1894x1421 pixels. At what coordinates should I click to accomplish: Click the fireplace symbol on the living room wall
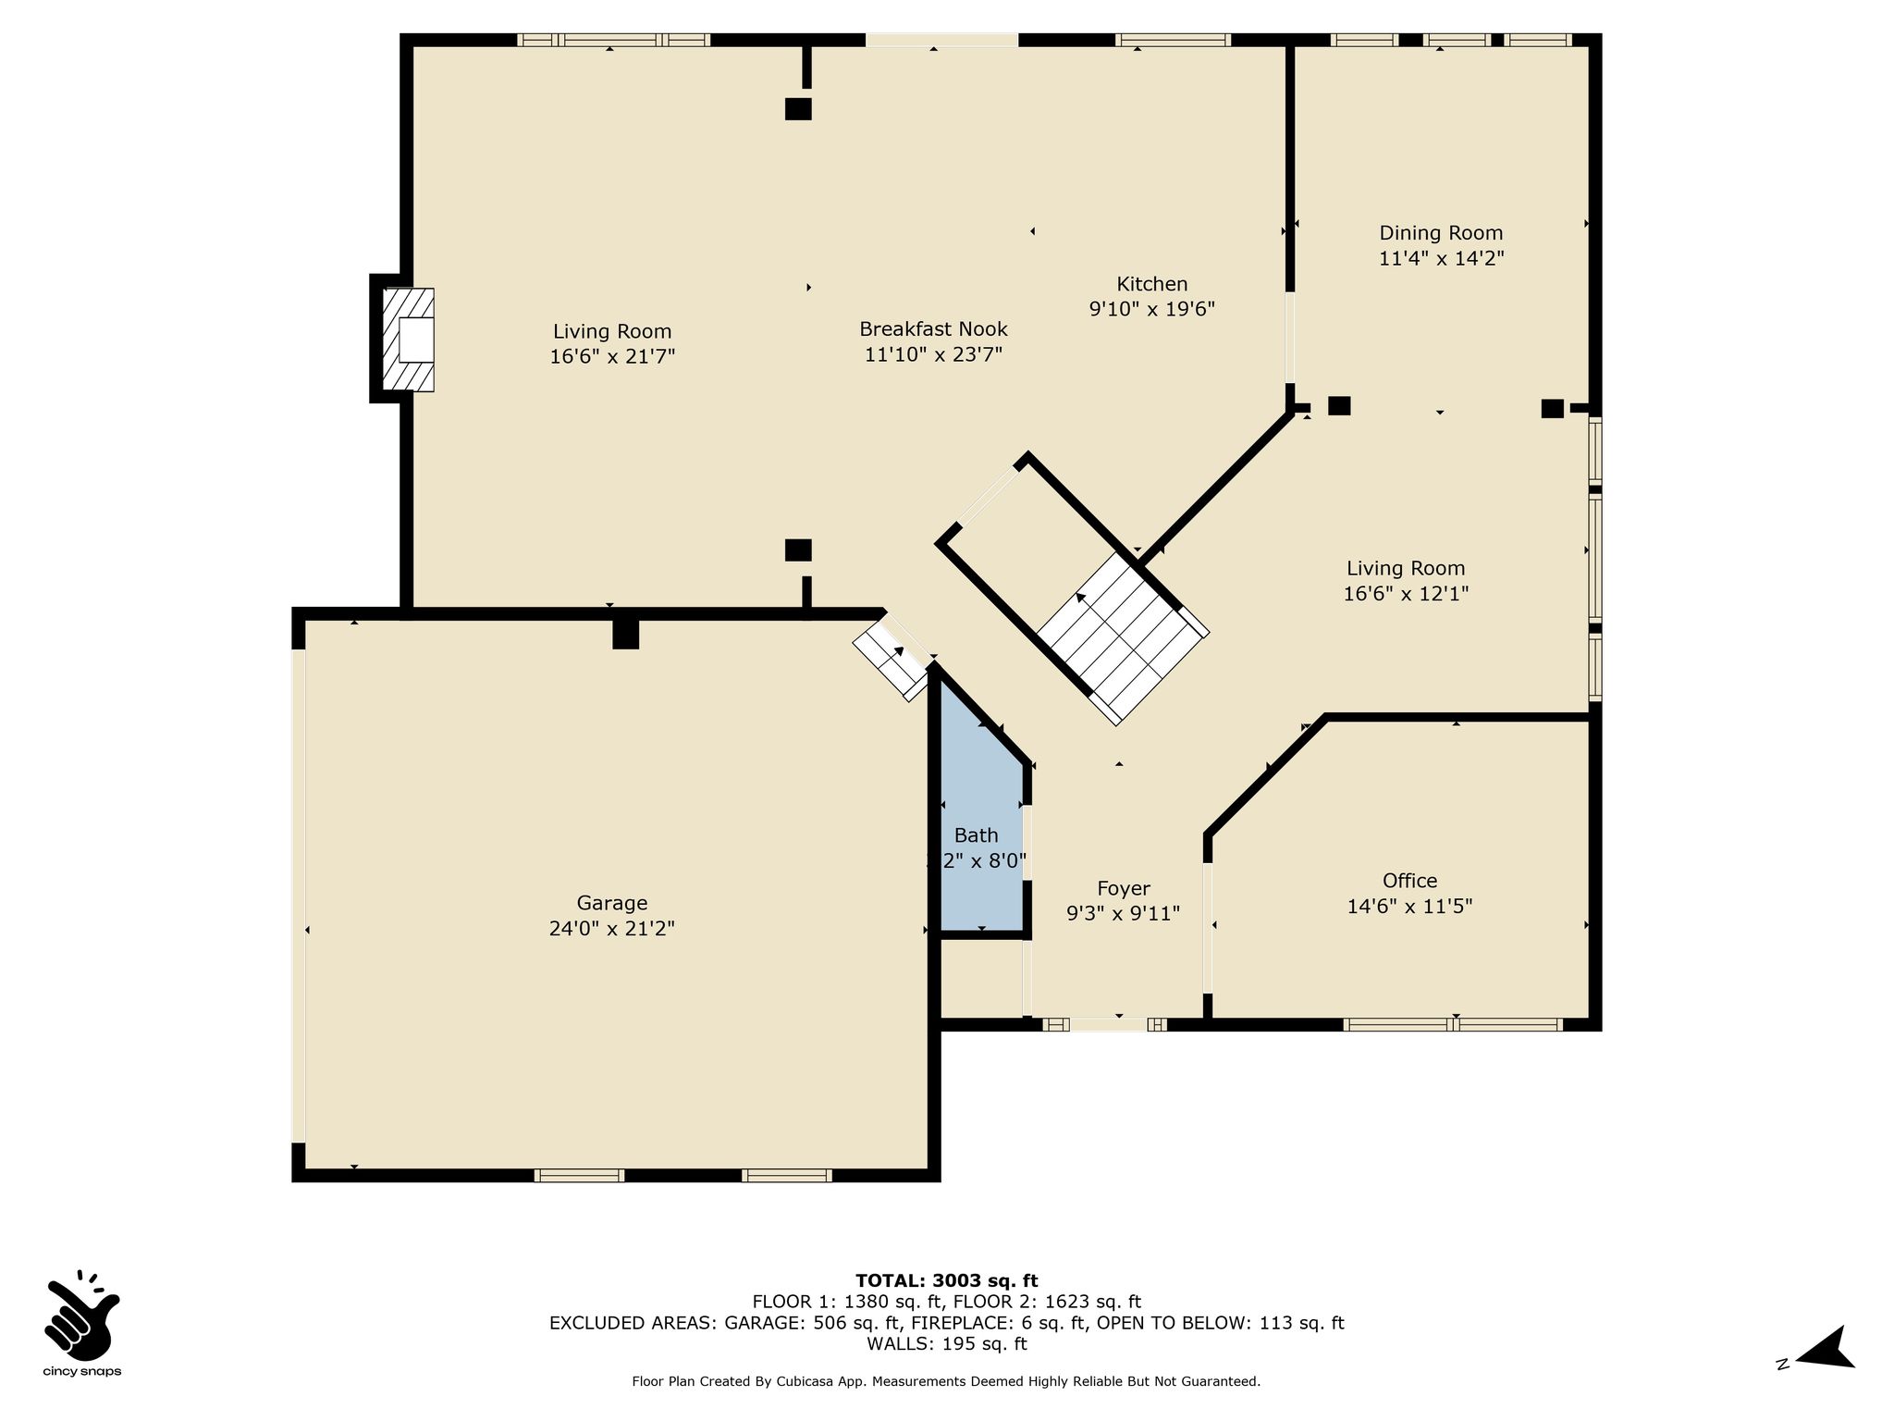click(408, 340)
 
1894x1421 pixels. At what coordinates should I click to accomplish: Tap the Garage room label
click(612, 903)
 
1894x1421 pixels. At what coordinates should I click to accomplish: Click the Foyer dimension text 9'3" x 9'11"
click(1124, 914)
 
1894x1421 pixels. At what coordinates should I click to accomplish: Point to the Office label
click(1410, 881)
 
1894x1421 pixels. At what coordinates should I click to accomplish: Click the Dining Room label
click(1442, 233)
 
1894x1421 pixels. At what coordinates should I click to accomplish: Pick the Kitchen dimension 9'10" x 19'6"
click(1152, 309)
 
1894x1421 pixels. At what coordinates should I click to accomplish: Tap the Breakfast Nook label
click(934, 329)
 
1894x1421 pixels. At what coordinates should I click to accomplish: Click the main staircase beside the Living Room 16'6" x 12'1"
click(1123, 638)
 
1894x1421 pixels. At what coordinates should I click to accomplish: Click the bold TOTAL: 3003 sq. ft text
click(947, 1280)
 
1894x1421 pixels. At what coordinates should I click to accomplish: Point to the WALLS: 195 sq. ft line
click(947, 1344)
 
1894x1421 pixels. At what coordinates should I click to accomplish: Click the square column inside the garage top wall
click(626, 634)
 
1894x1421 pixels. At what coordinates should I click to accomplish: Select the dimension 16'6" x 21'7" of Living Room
click(613, 356)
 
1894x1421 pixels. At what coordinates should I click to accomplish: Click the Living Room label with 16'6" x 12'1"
click(1407, 569)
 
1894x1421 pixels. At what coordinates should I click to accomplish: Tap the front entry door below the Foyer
click(1108, 1024)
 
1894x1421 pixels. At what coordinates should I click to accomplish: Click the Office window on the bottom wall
click(1453, 1024)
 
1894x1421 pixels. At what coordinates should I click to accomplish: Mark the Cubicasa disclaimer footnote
click(946, 1382)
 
